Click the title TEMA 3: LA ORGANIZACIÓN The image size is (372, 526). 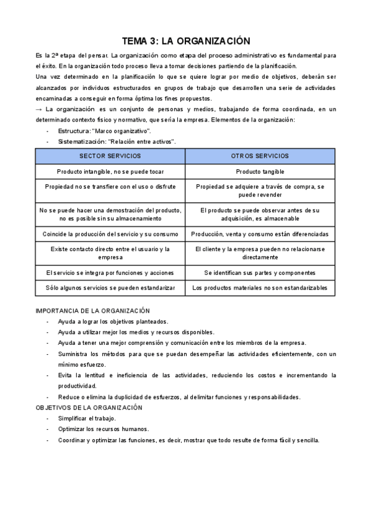pyautogui.click(x=186, y=41)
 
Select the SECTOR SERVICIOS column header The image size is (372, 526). pyautogui.click(x=110, y=156)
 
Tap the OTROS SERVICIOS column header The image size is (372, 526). pyautogui.click(x=260, y=156)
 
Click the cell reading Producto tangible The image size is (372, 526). pyautogui.click(x=260, y=171)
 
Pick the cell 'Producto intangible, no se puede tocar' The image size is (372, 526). pyautogui.click(x=110, y=171)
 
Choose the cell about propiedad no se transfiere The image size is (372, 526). pyautogui.click(x=110, y=186)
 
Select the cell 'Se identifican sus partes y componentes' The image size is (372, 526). pyautogui.click(x=260, y=273)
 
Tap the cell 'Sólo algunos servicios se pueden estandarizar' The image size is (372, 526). pyautogui.click(x=110, y=288)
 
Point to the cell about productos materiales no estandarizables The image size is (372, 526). pyautogui.click(x=260, y=288)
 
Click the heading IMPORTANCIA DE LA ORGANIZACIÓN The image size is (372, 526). pyautogui.click(x=93, y=310)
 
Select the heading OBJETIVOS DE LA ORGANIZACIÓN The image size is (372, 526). pyautogui.click(x=89, y=408)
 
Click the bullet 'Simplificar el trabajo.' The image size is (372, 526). pyautogui.click(x=87, y=419)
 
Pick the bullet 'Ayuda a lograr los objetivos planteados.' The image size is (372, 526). pyautogui.click(x=113, y=321)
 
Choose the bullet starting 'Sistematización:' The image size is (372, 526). pyautogui.click(x=117, y=141)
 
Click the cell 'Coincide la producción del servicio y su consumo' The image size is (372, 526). pyautogui.click(x=110, y=234)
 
